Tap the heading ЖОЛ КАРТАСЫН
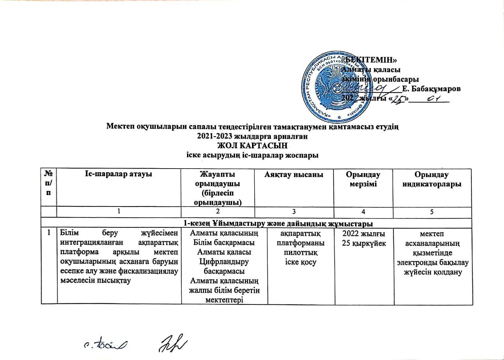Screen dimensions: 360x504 [x=252, y=144]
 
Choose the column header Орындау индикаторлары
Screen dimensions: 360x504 [x=432, y=179]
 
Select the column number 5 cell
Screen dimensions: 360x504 [x=432, y=212]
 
